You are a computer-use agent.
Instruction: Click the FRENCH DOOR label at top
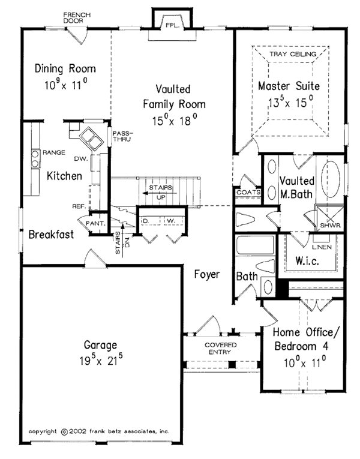(x=76, y=17)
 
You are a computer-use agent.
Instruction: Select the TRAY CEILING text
(x=290, y=54)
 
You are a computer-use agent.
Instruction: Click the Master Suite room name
(x=289, y=86)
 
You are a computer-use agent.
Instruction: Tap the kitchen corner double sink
(x=92, y=139)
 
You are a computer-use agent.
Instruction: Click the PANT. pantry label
(x=98, y=224)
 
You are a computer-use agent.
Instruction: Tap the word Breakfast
(x=51, y=235)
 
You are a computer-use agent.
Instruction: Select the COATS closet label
(x=247, y=192)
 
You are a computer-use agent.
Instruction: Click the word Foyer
(x=207, y=275)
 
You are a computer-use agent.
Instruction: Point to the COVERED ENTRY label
(x=220, y=349)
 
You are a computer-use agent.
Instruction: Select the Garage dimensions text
(x=101, y=361)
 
